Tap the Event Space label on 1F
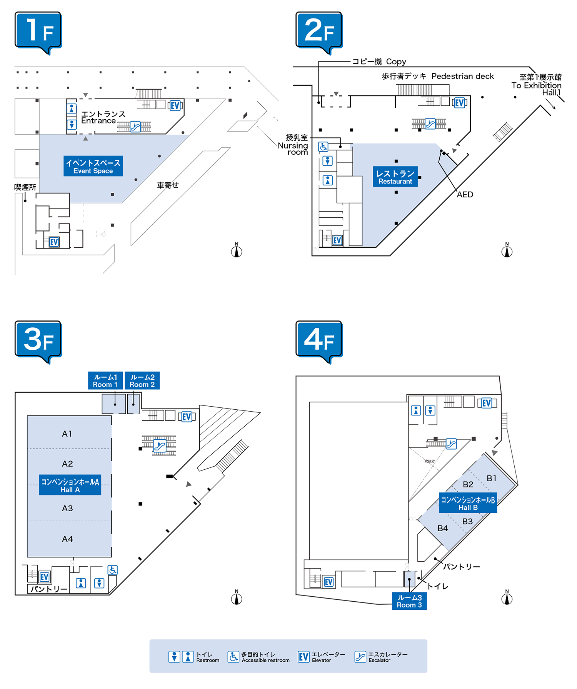93,166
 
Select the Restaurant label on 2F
395,177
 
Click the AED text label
465,195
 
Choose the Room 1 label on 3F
105,380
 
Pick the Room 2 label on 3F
142,380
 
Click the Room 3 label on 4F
409,601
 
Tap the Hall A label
70,485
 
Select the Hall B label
468,503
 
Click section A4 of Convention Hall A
67,539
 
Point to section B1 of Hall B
492,478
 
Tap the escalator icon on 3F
159,446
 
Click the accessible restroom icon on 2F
324,147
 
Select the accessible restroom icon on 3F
113,570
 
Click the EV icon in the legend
304,657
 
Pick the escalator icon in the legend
360,657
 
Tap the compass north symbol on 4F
507,598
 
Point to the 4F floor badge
319,340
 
